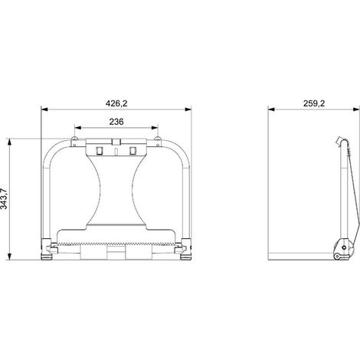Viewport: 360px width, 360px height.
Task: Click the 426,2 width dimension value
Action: (116, 103)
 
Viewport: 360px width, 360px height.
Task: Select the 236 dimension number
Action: (116, 122)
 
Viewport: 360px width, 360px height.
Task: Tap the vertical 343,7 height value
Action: (4, 199)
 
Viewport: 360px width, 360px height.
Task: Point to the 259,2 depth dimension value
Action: (314, 103)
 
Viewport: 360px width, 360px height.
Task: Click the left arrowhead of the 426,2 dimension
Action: (44, 110)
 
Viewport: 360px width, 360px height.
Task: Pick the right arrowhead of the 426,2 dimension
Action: (188, 110)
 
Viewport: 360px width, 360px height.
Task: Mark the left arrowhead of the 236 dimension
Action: (77, 128)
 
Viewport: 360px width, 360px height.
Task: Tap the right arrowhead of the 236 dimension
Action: (155, 128)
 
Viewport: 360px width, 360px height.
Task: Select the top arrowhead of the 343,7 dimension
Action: (9, 142)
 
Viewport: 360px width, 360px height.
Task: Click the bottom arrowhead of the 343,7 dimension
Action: (9, 257)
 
